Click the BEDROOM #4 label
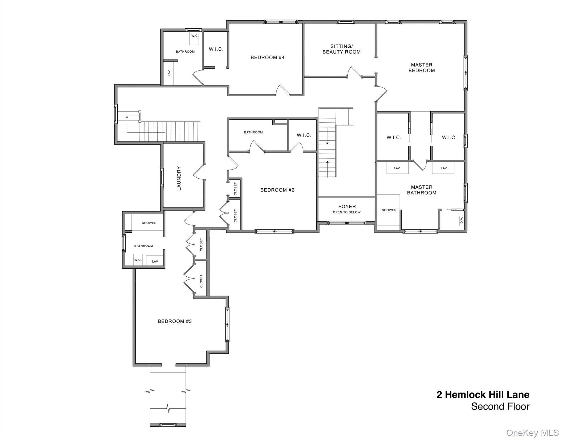click(x=268, y=57)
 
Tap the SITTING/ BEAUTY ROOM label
click(x=341, y=49)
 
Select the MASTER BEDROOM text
click(x=421, y=68)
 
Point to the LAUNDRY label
click(x=179, y=178)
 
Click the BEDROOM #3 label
click(x=175, y=321)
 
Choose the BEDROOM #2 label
click(x=277, y=190)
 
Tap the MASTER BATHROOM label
click(x=421, y=190)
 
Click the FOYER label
click(x=347, y=206)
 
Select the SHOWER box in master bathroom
click(x=388, y=210)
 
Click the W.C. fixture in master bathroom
click(x=461, y=220)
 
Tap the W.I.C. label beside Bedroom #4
click(x=216, y=49)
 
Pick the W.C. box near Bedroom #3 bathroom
click(x=138, y=260)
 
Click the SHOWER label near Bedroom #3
click(x=149, y=223)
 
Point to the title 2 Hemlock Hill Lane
click(x=483, y=395)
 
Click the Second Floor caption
click(x=500, y=406)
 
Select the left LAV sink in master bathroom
click(x=397, y=168)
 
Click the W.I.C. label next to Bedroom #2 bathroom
click(x=304, y=135)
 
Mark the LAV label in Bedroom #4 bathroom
click(x=169, y=73)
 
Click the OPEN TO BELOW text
click(x=347, y=212)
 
